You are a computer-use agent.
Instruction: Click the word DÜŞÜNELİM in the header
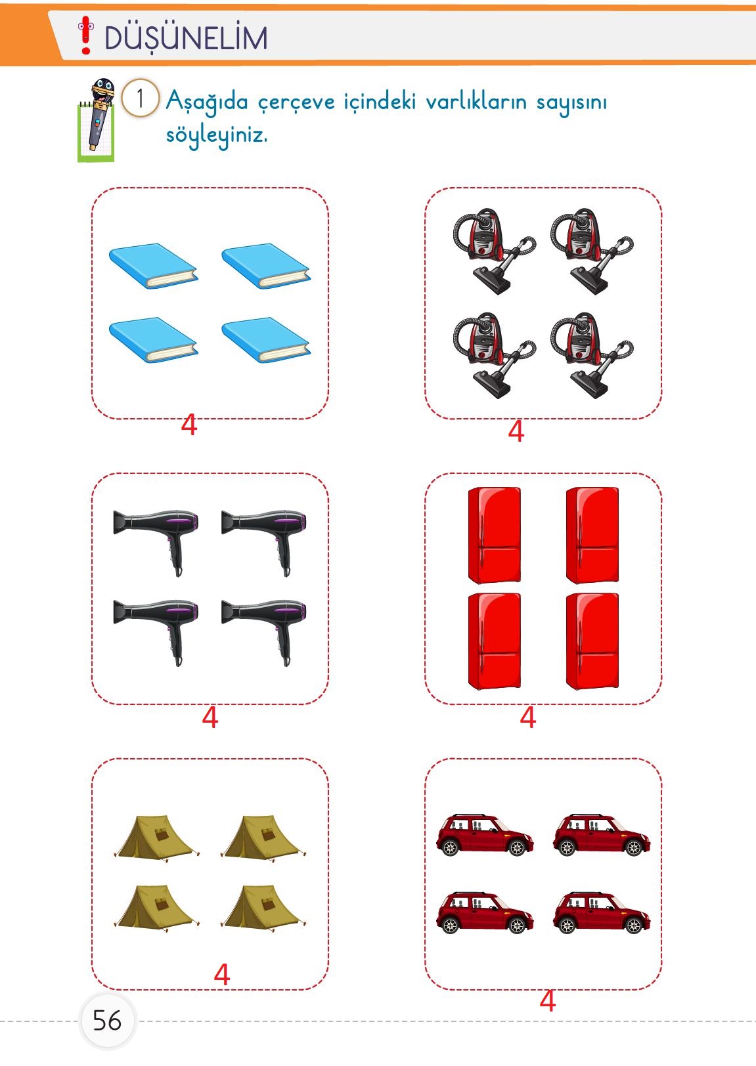[x=186, y=38]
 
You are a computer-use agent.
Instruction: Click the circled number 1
[x=140, y=98]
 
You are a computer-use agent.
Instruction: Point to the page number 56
[x=106, y=1021]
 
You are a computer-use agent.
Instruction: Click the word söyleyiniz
[x=217, y=136]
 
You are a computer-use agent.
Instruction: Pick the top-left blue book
[x=153, y=266]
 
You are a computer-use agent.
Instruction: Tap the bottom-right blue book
[x=266, y=340]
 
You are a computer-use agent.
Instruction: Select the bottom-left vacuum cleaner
[x=493, y=354]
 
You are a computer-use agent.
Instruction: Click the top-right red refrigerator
[x=592, y=535]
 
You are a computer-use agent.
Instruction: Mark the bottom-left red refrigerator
[x=494, y=641]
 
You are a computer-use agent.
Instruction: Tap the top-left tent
[x=155, y=838]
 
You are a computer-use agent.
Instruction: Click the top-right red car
[x=601, y=836]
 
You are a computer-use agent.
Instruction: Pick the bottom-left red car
[x=485, y=913]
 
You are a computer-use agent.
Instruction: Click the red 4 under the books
[x=189, y=425]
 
